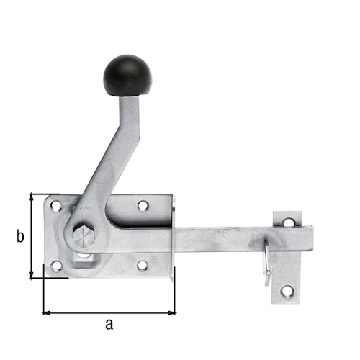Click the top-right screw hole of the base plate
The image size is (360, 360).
tap(143, 206)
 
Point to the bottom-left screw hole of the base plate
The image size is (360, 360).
tap(56, 266)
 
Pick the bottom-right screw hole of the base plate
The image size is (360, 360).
tap(143, 266)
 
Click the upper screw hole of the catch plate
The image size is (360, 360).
tap(288, 222)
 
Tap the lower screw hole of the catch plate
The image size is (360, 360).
tap(287, 292)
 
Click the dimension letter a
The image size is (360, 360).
tap(109, 325)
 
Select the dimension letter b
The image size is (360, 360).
tap(21, 235)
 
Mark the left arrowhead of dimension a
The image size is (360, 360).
tap(47, 312)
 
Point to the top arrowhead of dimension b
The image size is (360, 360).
tap(31, 197)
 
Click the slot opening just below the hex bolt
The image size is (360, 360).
tap(84, 256)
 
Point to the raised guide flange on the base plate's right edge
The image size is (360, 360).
tap(173, 238)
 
